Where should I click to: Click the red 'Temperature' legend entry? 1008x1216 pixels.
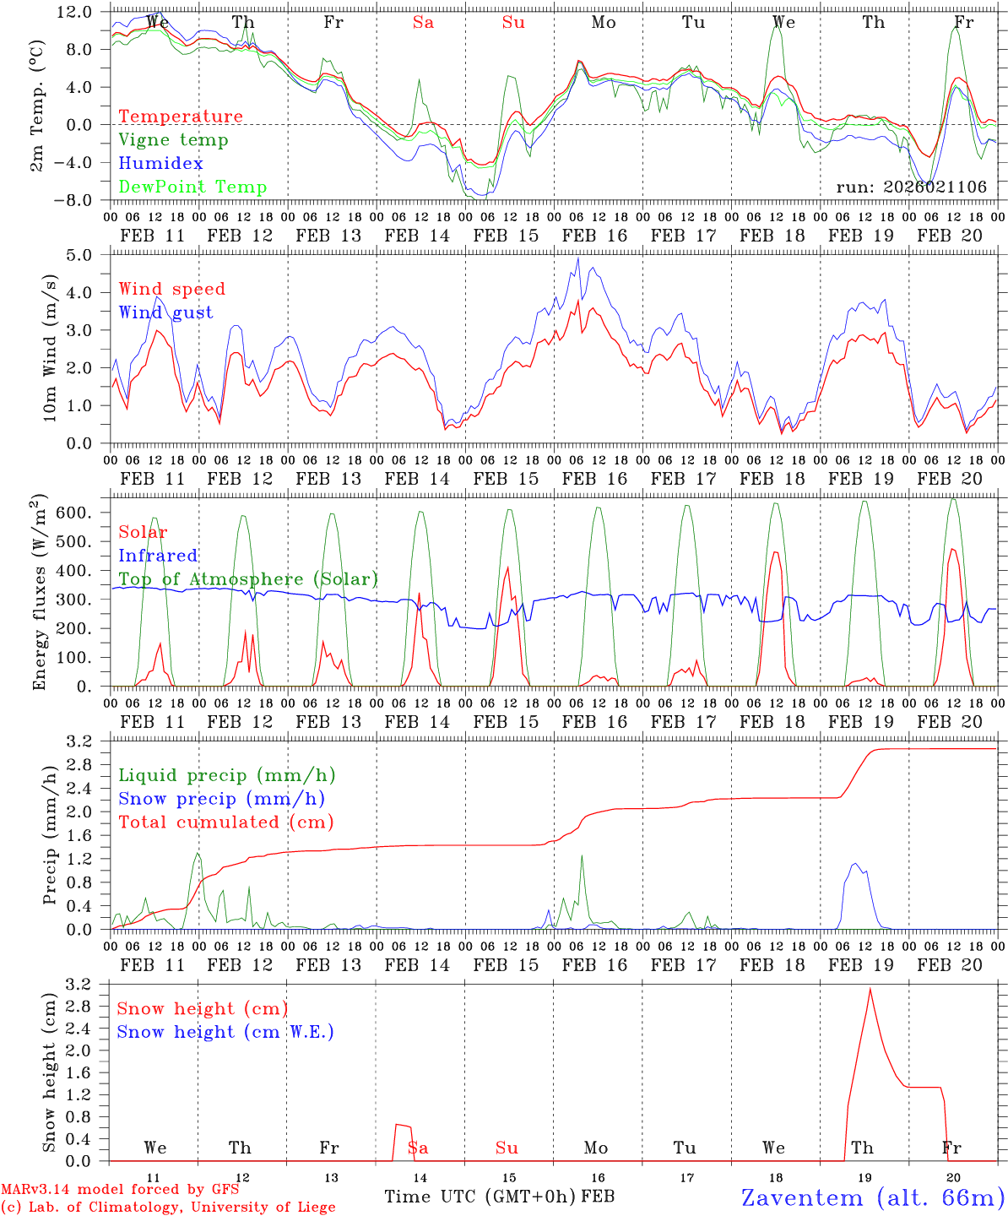pos(180,117)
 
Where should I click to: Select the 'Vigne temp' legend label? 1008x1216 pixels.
pos(173,140)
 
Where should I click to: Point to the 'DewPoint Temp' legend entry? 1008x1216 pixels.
pos(192,187)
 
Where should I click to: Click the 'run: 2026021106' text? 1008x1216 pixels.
pos(911,187)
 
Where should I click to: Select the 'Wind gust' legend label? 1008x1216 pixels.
pos(165,312)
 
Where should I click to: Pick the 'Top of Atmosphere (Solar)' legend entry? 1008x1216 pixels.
pos(247,579)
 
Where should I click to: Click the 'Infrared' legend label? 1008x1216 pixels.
pos(158,556)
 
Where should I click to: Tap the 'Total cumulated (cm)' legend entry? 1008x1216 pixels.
pos(225,822)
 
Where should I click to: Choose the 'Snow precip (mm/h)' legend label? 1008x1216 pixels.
pos(221,799)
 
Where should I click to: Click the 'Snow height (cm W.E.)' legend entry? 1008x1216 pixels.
pos(225,1032)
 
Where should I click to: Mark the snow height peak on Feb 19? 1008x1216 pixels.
pos(870,989)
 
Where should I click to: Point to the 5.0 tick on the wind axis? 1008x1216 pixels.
pos(89,255)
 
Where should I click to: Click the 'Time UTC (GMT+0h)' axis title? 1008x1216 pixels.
pos(480,1197)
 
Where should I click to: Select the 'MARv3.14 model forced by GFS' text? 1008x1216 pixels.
pos(120,1190)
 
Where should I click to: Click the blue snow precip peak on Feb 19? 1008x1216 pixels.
pos(855,863)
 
